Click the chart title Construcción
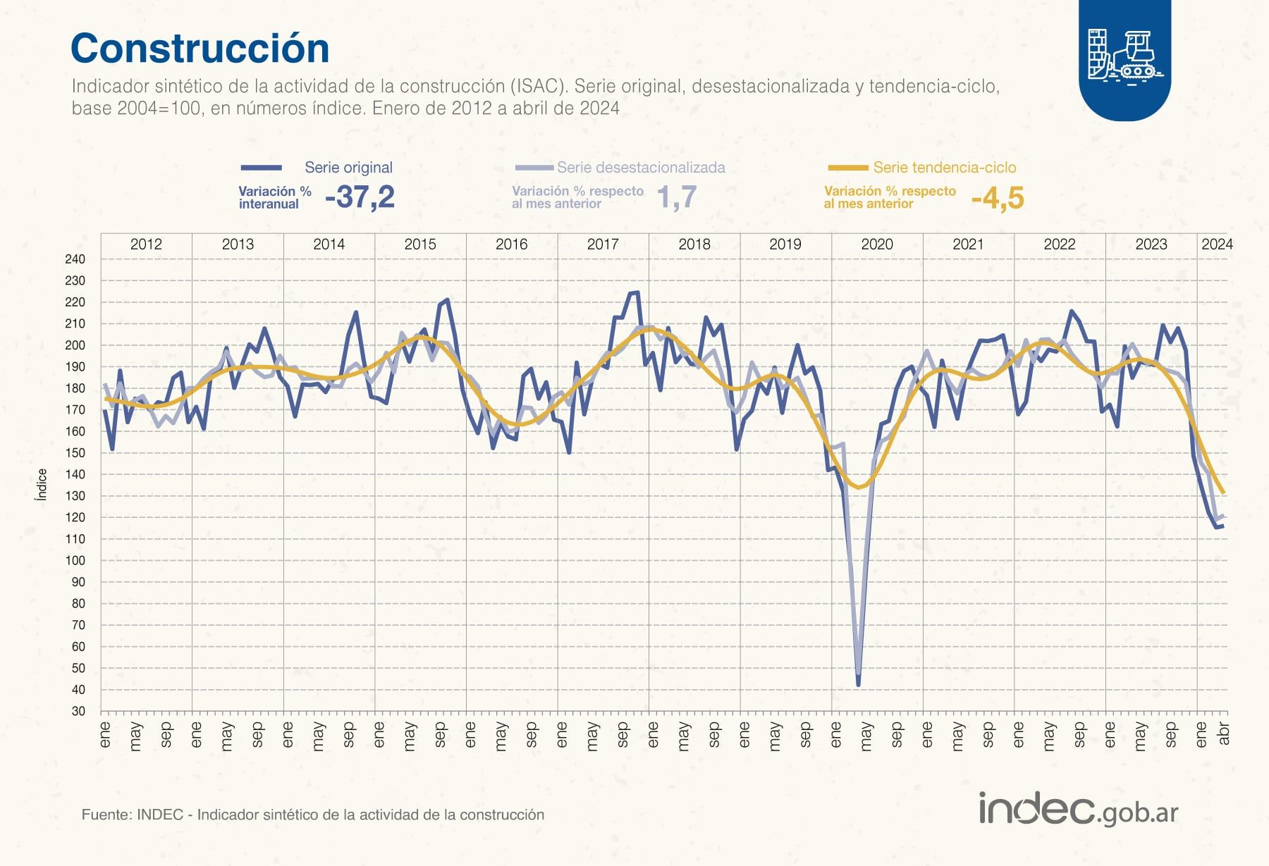pyautogui.click(x=200, y=49)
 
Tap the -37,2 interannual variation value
pyautogui.click(x=360, y=197)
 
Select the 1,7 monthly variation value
pyautogui.click(x=676, y=197)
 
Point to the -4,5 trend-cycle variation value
pyautogui.click(x=997, y=199)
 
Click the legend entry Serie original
pyautogui.click(x=348, y=168)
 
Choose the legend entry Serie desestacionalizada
pyautogui.click(x=640, y=168)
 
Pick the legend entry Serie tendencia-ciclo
pyautogui.click(x=944, y=168)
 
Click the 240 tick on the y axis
pyautogui.click(x=75, y=259)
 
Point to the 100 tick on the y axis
pyautogui.click(x=75, y=561)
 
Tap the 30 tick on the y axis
pyautogui.click(x=78, y=712)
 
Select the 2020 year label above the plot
pyautogui.click(x=876, y=245)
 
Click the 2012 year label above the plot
pyautogui.click(x=146, y=245)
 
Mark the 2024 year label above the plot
pyautogui.click(x=1216, y=245)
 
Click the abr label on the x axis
pyautogui.click(x=1224, y=733)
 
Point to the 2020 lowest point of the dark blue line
pyautogui.click(x=858, y=684)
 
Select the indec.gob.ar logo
pyautogui.click(x=1078, y=810)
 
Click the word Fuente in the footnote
pyautogui.click(x=106, y=815)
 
